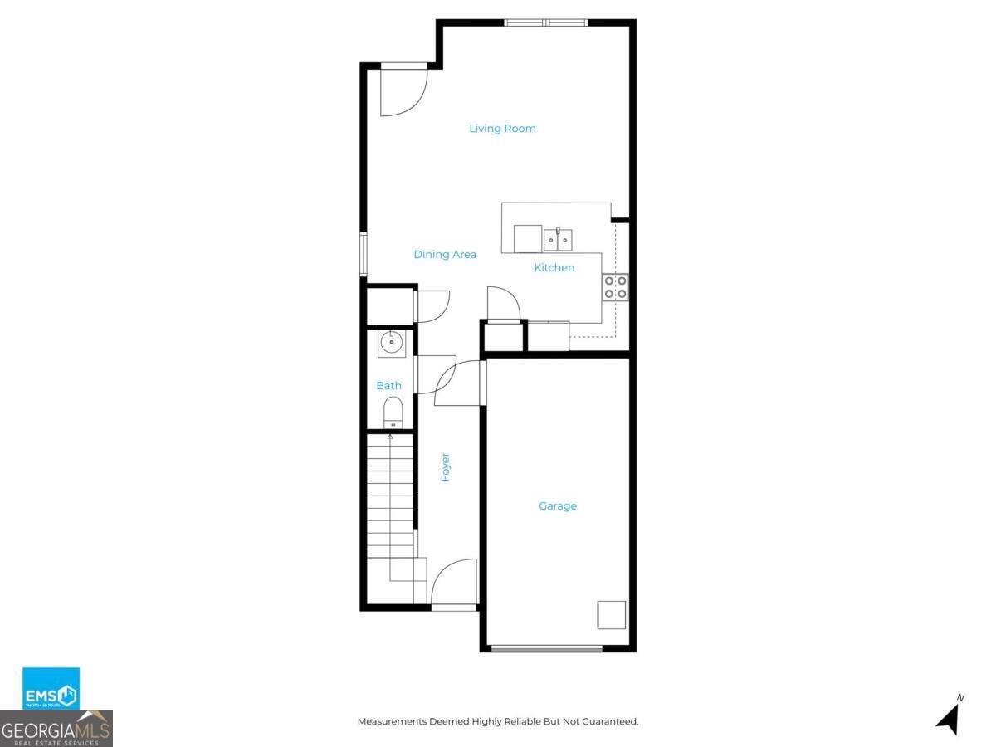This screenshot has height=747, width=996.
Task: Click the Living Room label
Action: tap(502, 129)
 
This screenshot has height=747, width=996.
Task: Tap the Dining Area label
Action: tap(445, 255)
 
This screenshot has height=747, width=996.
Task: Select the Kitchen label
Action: tap(554, 267)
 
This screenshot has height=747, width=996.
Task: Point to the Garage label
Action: tap(557, 506)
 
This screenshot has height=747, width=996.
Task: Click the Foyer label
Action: tap(446, 467)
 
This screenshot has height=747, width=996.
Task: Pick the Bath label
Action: tap(388, 386)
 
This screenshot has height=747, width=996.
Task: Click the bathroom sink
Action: tap(392, 342)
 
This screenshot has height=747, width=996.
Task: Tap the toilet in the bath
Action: tap(393, 412)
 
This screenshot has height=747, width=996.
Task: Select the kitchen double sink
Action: tap(558, 240)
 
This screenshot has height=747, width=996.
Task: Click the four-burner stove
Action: tap(616, 287)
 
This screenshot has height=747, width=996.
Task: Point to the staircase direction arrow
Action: tap(390, 437)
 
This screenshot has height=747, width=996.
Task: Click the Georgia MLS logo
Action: tap(56, 730)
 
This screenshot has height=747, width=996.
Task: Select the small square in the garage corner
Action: tap(612, 615)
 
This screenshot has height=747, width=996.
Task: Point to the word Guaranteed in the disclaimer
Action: tap(609, 722)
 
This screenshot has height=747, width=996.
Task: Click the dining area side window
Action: tap(363, 254)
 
